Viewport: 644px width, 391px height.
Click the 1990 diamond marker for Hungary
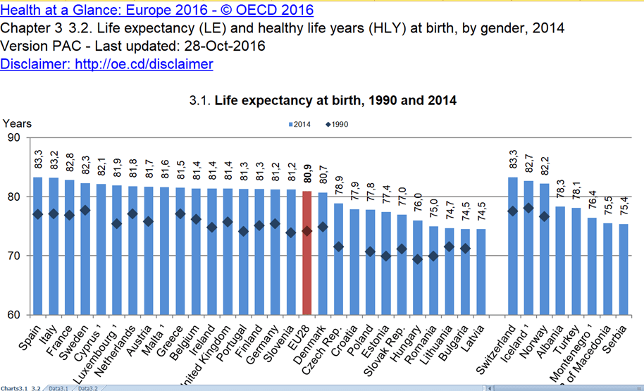[x=419, y=259]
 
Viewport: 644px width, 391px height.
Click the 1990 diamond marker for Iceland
[x=528, y=209]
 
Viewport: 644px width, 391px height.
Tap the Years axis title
[x=16, y=123]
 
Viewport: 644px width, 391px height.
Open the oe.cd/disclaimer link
[x=106, y=64]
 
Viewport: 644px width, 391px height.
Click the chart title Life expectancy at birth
[x=323, y=101]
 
